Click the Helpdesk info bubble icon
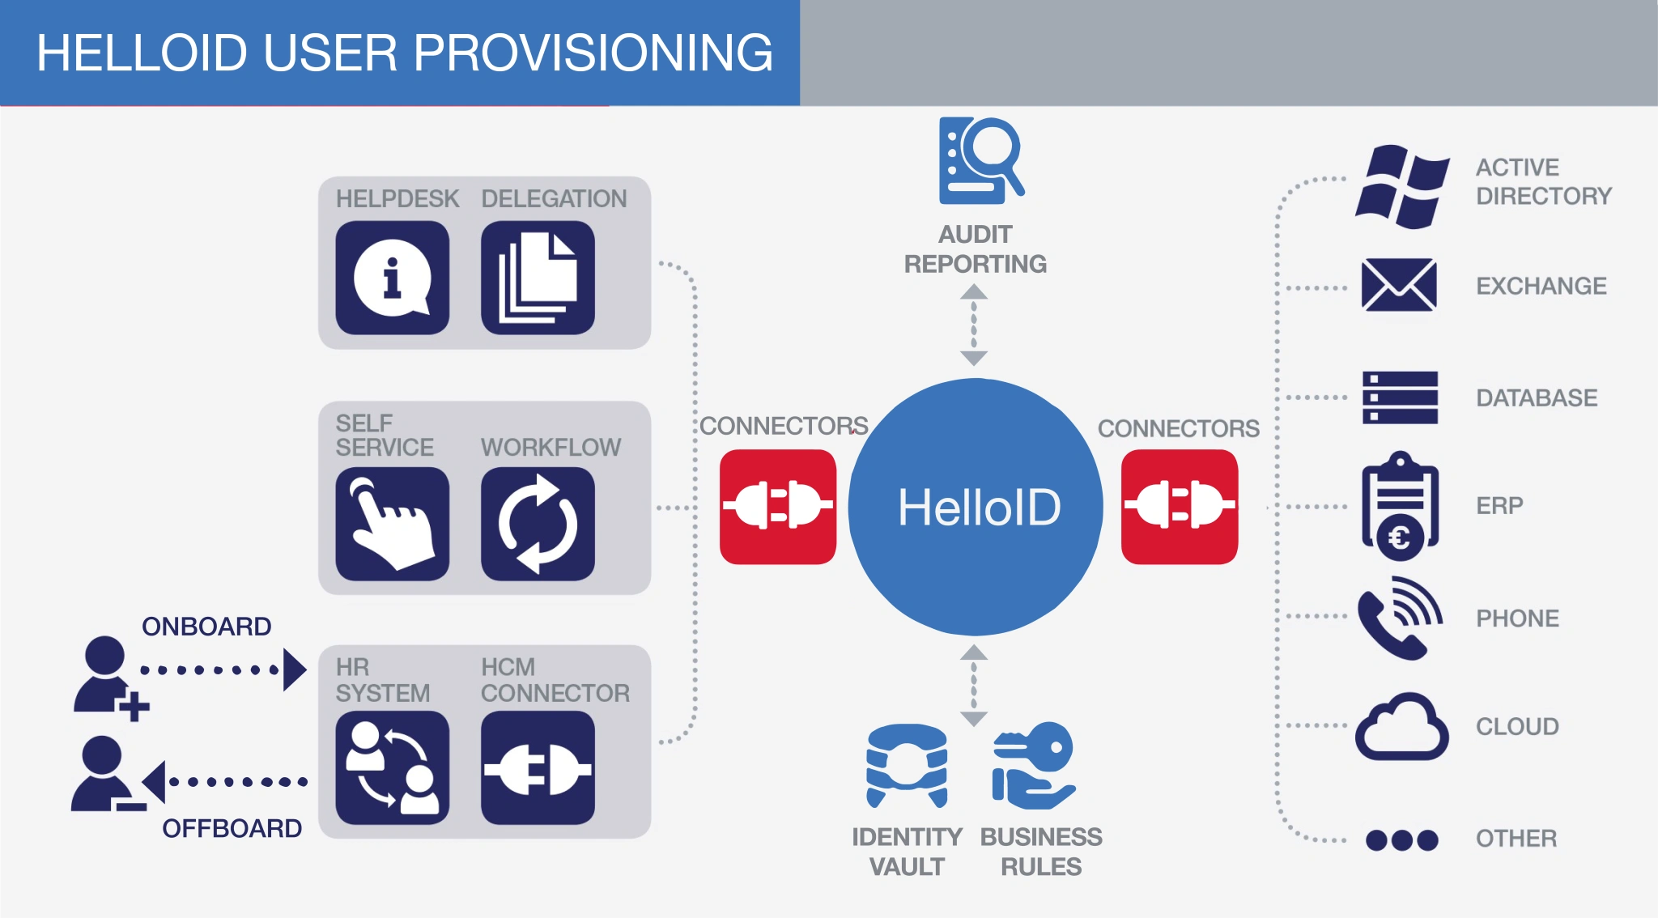392,278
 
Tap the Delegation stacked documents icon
538,278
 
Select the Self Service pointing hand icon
392,524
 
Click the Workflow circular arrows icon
538,524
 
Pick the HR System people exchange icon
392,767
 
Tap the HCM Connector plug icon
538,767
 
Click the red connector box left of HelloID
777,506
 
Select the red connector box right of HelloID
1179,506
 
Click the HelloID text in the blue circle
979,508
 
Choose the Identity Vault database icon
907,765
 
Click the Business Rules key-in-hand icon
1034,765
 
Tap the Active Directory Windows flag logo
1401,186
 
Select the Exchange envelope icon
1399,285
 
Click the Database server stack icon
1400,397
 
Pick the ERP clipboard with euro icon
1400,506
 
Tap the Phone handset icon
1399,618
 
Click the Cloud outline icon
1401,727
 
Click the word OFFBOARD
232,828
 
